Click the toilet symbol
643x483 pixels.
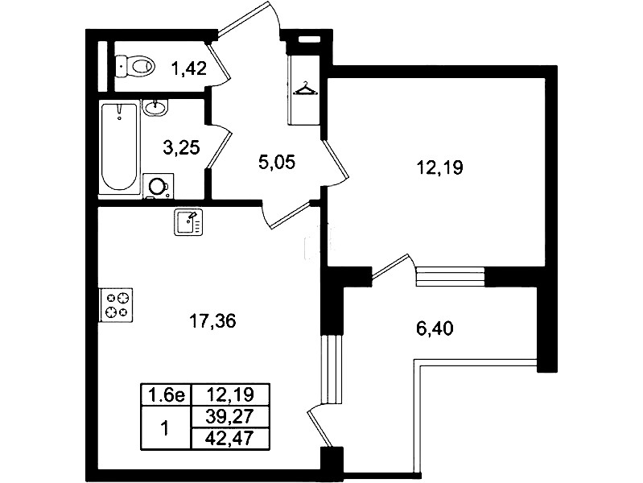[135, 66]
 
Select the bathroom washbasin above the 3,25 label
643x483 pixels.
[155, 107]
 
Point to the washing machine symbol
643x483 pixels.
[158, 187]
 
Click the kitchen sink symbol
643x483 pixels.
[188, 222]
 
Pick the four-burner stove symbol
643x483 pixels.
[116, 305]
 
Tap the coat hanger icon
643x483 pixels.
[305, 89]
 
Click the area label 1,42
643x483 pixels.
[188, 68]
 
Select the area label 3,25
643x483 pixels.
[181, 147]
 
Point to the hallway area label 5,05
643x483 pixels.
[277, 162]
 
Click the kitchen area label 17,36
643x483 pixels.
[212, 320]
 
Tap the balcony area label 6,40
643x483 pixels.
[435, 328]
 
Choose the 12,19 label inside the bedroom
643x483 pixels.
[439, 167]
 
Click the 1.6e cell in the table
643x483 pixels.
[166, 394]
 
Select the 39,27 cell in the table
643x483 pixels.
[230, 417]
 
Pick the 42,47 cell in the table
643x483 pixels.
[230, 439]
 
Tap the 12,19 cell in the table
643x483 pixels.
[230, 394]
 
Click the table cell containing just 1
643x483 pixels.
[166, 428]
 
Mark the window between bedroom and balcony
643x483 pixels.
[451, 276]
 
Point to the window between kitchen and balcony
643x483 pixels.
[332, 369]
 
